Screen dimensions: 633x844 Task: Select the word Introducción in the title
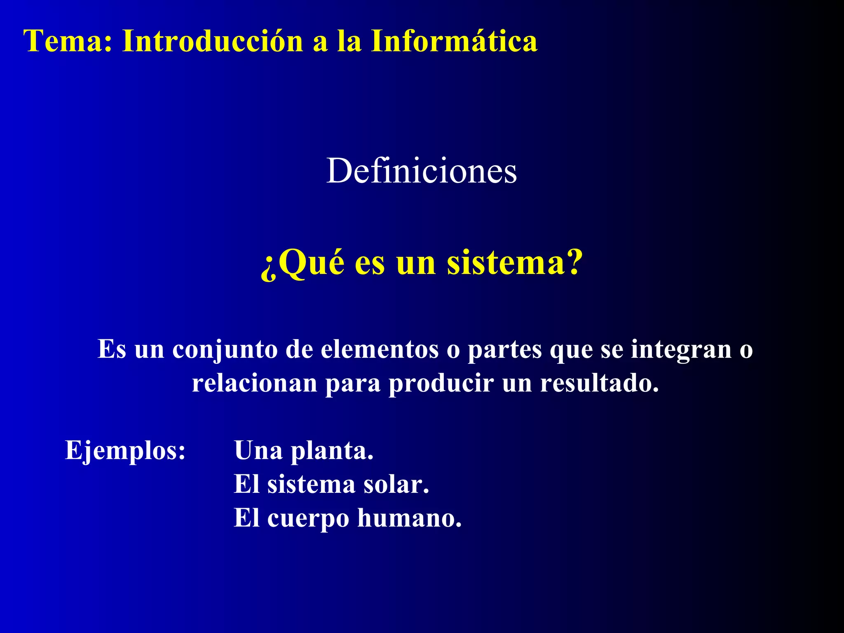click(213, 41)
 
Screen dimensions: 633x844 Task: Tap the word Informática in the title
click(454, 41)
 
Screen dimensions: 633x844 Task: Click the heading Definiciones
click(422, 171)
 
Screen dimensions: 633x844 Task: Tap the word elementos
click(380, 349)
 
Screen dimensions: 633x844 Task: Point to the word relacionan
click(255, 383)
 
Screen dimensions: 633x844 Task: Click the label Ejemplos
click(125, 451)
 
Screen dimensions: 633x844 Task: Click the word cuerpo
click(308, 519)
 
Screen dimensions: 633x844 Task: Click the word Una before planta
click(258, 450)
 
